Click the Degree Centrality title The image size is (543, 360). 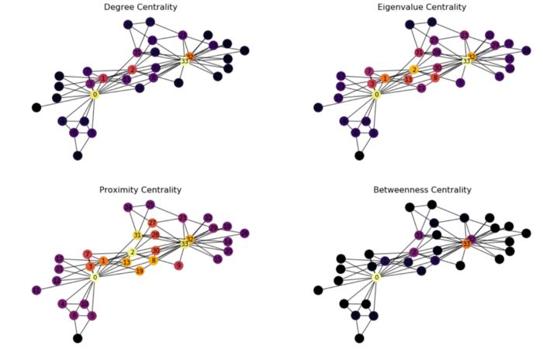[140, 7]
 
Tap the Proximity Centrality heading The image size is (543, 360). [140, 190]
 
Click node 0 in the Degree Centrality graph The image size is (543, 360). [95, 95]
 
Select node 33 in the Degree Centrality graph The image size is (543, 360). [185, 61]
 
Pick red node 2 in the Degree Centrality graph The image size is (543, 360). [132, 70]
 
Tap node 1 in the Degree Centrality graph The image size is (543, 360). [103, 78]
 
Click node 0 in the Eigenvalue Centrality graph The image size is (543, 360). [376, 95]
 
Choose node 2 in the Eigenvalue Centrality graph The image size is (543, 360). [413, 70]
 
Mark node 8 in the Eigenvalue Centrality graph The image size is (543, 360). [435, 78]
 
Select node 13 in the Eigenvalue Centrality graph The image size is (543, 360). [408, 80]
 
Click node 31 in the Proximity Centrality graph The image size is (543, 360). [137, 235]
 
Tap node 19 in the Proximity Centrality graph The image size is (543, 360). [140, 271]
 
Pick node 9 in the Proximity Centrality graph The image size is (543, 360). [178, 266]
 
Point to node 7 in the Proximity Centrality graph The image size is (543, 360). [87, 254]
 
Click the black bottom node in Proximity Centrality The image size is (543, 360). [77, 338]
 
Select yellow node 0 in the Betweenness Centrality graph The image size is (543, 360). [376, 277]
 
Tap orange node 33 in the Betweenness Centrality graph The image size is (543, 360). [466, 244]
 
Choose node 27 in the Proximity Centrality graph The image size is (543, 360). [152, 223]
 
